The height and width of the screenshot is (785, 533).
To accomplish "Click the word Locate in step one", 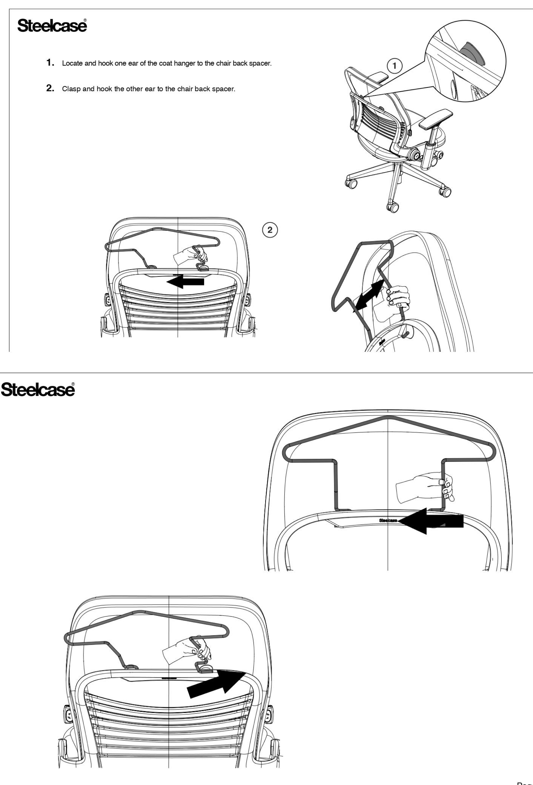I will tap(71, 63).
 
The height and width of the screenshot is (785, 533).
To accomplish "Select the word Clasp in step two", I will tap(70, 90).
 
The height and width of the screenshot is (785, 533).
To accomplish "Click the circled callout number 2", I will tap(269, 229).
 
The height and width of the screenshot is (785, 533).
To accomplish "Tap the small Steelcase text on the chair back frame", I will tap(388, 520).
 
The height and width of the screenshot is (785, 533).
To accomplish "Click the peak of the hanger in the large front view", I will tap(388, 417).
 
